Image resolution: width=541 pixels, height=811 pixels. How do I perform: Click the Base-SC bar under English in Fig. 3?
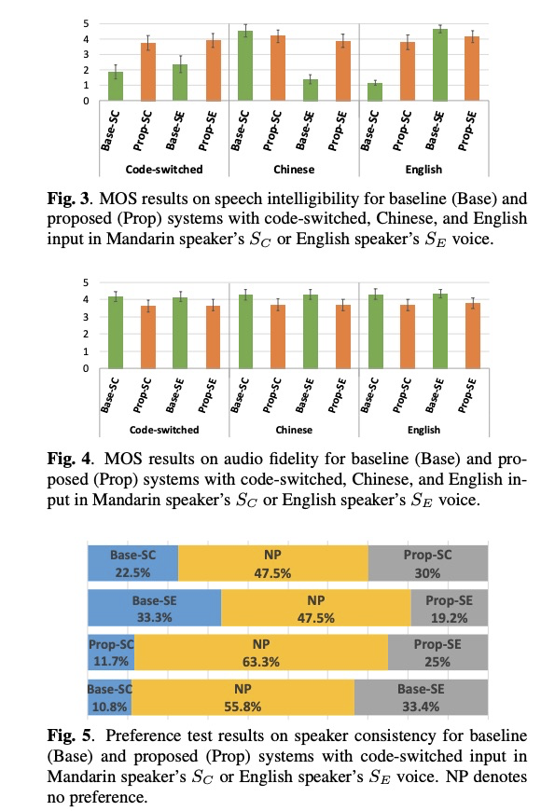375,91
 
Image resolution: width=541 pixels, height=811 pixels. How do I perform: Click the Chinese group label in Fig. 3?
294,170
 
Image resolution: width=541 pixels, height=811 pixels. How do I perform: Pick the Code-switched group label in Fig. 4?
163,430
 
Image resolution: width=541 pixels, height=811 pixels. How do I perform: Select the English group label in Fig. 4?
423,430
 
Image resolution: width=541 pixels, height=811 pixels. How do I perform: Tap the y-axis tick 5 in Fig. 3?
86,23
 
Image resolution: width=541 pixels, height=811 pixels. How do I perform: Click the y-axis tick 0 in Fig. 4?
86,368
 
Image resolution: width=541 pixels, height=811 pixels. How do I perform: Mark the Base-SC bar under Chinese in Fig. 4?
244,331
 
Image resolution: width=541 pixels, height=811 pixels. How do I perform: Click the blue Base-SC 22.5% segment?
132,563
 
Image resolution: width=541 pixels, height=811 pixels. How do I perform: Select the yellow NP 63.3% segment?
260,652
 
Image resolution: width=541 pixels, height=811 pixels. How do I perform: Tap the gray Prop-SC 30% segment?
428,563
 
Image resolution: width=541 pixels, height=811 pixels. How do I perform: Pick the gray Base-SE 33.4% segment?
421,696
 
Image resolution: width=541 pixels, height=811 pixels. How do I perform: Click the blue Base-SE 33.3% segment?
154,608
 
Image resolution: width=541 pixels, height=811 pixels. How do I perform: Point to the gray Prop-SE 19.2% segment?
450,608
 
